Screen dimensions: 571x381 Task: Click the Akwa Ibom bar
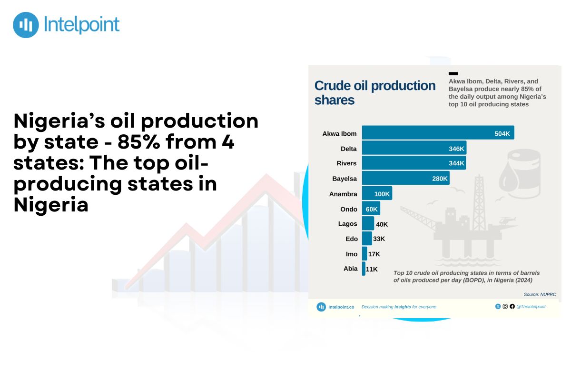[x=438, y=132]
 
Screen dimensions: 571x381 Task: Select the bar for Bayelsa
[x=405, y=178]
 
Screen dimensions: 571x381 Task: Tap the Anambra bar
[x=377, y=193]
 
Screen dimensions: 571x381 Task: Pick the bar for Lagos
[x=368, y=223]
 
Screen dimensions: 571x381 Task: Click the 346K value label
[x=456, y=149]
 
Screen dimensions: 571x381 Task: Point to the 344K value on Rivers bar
[x=456, y=163]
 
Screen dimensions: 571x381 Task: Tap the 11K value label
[x=372, y=269]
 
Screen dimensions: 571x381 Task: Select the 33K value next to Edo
[x=379, y=239]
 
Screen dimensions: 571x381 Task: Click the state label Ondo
[x=349, y=209]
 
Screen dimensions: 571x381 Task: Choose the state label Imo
[x=352, y=254]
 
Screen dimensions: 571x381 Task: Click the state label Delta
[x=348, y=149]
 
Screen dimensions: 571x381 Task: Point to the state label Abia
[x=351, y=269]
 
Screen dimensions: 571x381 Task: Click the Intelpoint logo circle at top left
[x=26, y=25]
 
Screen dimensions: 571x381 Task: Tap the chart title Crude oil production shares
[x=375, y=93]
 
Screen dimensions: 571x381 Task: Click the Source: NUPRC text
[x=540, y=294]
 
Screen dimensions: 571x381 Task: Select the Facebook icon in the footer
[x=512, y=306]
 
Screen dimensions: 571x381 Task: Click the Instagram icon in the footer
[x=505, y=306]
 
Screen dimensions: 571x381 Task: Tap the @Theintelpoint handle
[x=531, y=307]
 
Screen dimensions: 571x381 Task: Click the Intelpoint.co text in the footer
[x=341, y=307]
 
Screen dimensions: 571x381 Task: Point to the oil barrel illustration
[x=520, y=173]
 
